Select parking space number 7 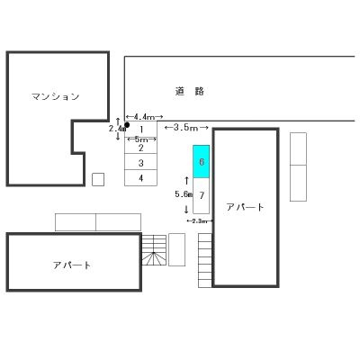pos(202,194)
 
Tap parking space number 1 pos(141,130)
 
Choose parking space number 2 pos(141,148)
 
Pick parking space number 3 pos(141,163)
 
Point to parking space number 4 pos(141,177)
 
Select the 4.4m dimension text pos(142,117)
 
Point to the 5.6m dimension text pos(183,193)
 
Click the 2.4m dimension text pos(115,129)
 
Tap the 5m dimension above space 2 pos(141,139)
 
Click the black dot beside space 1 pos(126,124)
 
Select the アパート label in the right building pos(246,207)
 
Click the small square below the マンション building pos(98,179)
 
